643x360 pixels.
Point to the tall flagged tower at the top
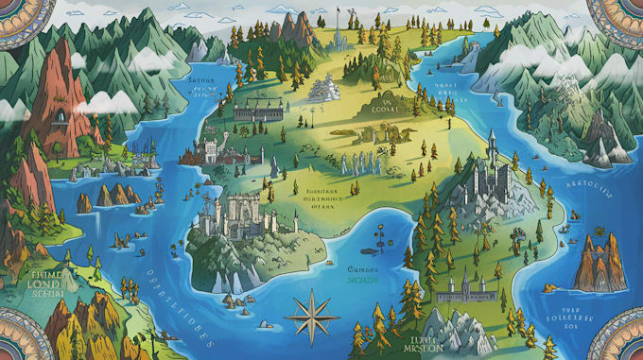(338, 30)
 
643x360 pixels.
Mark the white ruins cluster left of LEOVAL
(325, 87)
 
